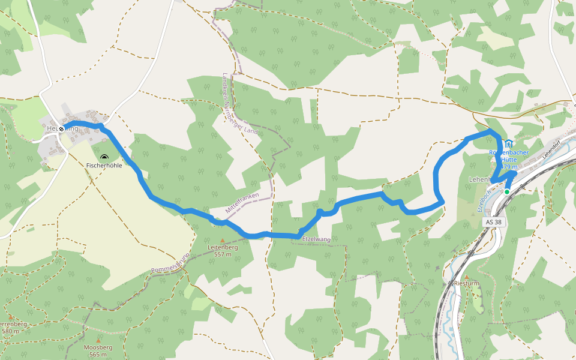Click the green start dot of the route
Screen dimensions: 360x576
(x=507, y=191)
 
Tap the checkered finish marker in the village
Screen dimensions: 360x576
(x=61, y=128)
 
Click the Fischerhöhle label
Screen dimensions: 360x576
(x=104, y=165)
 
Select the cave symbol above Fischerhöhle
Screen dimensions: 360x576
(x=104, y=157)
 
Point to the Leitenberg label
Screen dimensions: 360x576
(x=223, y=247)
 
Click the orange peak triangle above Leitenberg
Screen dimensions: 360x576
(x=222, y=240)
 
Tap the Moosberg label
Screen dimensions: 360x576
(x=98, y=347)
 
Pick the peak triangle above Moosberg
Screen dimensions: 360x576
(x=98, y=340)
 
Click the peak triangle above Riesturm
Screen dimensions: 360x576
(x=466, y=277)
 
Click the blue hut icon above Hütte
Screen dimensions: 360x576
(x=509, y=143)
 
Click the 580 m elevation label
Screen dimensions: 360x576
(x=11, y=331)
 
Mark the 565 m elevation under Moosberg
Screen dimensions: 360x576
(x=98, y=355)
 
